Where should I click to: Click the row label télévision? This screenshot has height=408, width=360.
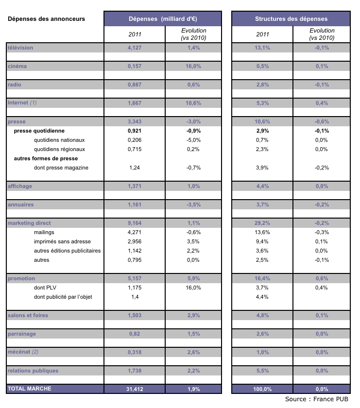[x=20, y=48]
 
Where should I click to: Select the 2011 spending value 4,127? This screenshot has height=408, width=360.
[x=135, y=48]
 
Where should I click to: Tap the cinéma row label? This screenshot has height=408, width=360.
[x=17, y=67]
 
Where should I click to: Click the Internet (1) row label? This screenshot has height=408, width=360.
[x=22, y=103]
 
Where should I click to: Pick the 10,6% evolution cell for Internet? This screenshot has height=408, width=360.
[x=193, y=103]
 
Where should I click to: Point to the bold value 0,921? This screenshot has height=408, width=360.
[x=135, y=131]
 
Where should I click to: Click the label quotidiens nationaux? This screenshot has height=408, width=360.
[x=59, y=140]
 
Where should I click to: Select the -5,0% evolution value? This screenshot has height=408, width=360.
[x=193, y=140]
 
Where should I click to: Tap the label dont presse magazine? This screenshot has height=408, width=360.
[x=61, y=168]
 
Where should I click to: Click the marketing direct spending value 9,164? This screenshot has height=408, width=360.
[x=135, y=223]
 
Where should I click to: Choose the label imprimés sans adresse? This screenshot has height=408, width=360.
[x=63, y=242]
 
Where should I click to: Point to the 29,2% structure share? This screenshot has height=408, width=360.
[x=262, y=223]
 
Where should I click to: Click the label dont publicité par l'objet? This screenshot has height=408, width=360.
[x=63, y=297]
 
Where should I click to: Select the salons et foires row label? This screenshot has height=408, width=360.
[x=28, y=315]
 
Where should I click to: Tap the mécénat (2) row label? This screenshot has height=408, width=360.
[x=23, y=352]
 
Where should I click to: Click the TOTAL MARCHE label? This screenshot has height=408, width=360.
[x=30, y=389]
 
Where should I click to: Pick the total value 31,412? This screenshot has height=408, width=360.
[x=135, y=389]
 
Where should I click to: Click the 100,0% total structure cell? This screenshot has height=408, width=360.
[x=262, y=389]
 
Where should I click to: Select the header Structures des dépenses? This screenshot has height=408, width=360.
[x=291, y=19]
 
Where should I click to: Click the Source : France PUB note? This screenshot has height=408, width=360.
[x=317, y=399]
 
